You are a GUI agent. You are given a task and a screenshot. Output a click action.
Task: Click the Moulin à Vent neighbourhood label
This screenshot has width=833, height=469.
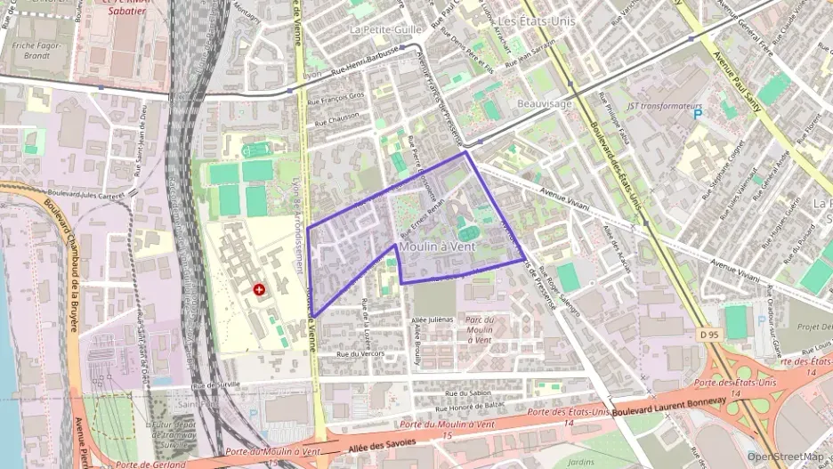[x=438, y=246]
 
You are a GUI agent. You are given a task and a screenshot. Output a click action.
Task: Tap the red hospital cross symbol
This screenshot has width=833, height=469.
[x=259, y=290]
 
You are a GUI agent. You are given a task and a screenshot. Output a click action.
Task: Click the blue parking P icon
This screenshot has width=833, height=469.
[x=698, y=116]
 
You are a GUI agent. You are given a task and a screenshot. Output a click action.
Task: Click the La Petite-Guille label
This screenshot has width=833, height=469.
[x=384, y=29]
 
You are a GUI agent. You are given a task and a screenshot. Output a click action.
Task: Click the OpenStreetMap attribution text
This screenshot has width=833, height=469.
[x=786, y=457]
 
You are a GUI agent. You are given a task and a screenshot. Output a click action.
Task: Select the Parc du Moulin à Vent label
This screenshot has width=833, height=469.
[x=479, y=329]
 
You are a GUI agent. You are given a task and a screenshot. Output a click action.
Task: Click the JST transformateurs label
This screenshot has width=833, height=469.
[x=659, y=107]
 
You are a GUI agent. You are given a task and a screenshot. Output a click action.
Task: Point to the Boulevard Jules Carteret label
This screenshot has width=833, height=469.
[x=87, y=193]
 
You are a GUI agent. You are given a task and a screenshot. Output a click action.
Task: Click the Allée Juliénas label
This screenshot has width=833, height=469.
[x=433, y=319]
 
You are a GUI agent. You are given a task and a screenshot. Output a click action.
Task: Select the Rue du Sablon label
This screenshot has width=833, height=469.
[x=468, y=392]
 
